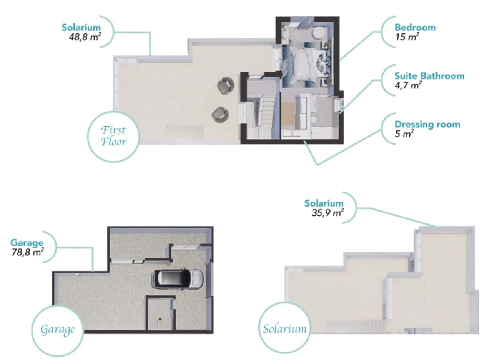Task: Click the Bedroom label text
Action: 415,27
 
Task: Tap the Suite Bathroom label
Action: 429,76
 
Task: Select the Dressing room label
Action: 427,125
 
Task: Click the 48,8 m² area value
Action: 84,38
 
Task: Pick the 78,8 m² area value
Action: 27,252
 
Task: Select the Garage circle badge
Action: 57,330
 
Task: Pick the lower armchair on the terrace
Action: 220,114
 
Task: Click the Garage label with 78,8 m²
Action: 27,243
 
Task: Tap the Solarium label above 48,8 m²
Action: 81,27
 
